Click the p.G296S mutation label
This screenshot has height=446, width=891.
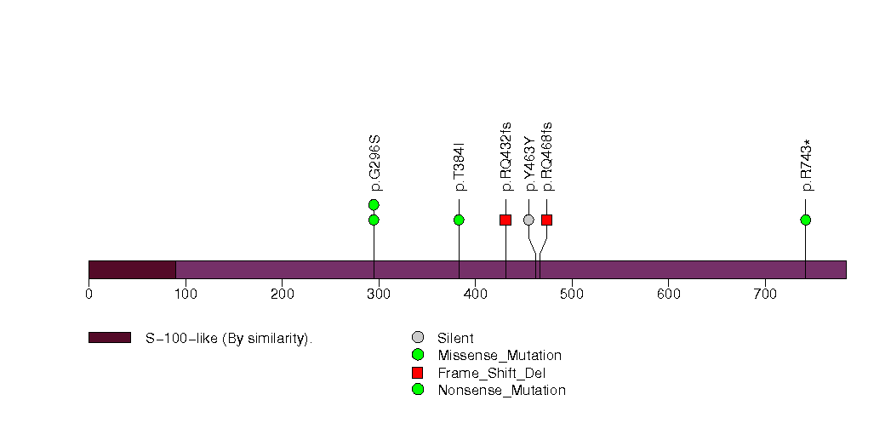[375, 163]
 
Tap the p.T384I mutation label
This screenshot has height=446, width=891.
[460, 167]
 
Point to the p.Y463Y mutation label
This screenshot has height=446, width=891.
[529, 165]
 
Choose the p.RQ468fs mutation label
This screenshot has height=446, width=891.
[547, 157]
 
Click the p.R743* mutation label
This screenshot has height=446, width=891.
[807, 165]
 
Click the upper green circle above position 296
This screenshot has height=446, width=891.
[374, 204]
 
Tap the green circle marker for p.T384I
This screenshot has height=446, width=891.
[460, 220]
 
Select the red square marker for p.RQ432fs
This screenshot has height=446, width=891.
[505, 220]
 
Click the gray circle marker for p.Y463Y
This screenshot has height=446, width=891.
[528, 220]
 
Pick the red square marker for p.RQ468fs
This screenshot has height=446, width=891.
[546, 220]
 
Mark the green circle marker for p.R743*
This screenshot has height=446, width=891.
[805, 220]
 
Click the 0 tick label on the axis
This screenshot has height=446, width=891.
[89, 294]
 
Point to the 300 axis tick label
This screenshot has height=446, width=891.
[379, 294]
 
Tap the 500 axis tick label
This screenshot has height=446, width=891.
[572, 294]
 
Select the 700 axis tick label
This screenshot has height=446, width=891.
[765, 294]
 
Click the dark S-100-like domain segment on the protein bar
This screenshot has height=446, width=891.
[133, 270]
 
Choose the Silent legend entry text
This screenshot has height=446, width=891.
[455, 338]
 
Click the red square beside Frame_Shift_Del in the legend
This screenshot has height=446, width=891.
[418, 373]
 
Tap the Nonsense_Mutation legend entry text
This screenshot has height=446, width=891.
[502, 391]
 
